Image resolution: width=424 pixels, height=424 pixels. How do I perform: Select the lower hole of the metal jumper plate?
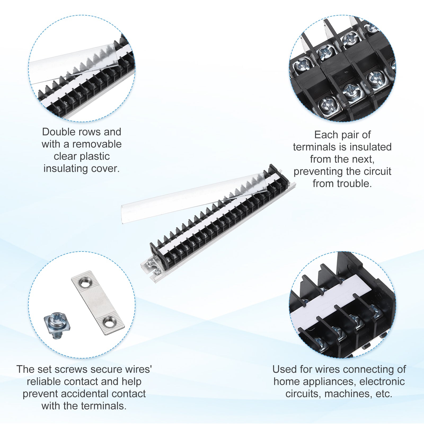tap(109, 323)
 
